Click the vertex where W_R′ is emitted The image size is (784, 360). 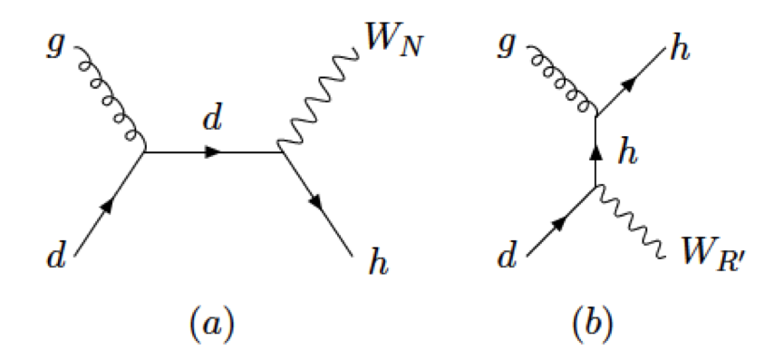595,187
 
